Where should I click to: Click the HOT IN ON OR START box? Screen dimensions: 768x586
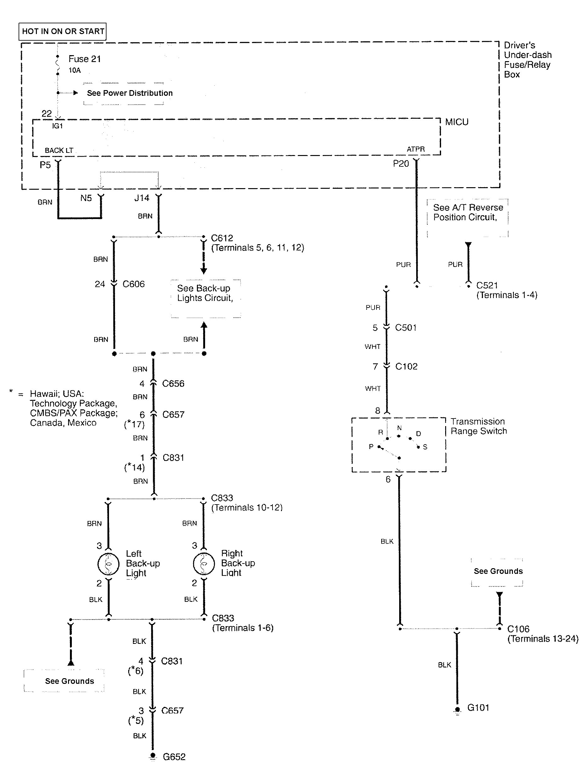(62, 32)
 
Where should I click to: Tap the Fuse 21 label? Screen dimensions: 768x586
(84, 59)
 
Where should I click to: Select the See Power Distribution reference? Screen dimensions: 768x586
(129, 93)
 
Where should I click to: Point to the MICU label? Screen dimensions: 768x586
(457, 122)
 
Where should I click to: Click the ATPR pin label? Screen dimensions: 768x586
(416, 149)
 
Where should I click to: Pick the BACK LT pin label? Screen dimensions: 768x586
(59, 150)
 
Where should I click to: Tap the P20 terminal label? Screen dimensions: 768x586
(401, 164)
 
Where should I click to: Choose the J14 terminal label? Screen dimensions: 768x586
(142, 198)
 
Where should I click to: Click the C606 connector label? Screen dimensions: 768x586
(133, 284)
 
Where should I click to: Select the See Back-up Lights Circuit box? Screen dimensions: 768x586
(205, 293)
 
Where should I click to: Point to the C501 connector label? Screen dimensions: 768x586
(406, 328)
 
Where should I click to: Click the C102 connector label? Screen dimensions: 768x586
(406, 367)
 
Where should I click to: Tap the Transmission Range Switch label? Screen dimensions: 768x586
(479, 426)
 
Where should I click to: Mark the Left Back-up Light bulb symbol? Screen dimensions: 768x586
(108, 563)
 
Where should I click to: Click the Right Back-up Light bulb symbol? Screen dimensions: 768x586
(204, 563)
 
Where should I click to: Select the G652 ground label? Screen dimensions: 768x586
(174, 757)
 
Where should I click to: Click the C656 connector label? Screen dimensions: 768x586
(173, 384)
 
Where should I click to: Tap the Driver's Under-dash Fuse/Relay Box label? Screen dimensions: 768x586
(527, 60)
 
